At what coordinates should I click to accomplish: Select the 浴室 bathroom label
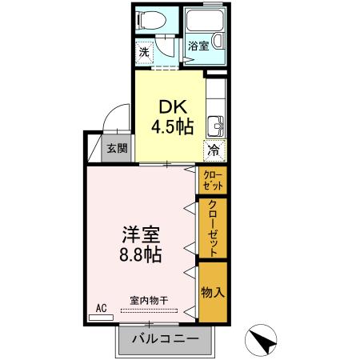pos(198,46)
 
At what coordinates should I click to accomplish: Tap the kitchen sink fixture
pos(215,126)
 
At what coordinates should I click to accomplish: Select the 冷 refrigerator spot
pos(214,150)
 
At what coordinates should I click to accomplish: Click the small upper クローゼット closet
pos(213,179)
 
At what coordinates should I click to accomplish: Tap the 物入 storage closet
pos(213,292)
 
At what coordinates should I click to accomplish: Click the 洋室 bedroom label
pos(142,236)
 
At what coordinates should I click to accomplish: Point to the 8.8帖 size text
pos(142,257)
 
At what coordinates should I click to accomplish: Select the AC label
pos(101,306)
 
